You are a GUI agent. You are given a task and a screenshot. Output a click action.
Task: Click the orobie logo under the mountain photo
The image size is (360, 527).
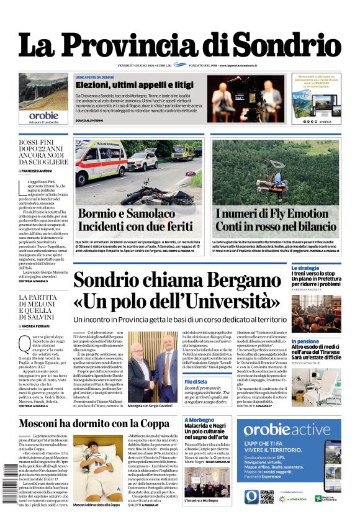pyautogui.click(x=43, y=115)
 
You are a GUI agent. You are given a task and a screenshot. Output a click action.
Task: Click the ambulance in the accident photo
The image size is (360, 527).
pyautogui.click(x=100, y=161)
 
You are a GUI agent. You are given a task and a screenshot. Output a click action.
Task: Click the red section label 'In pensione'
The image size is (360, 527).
pyautogui.click(x=305, y=341)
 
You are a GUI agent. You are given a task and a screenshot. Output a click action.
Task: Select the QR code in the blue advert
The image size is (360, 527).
pyautogui.click(x=267, y=497)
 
